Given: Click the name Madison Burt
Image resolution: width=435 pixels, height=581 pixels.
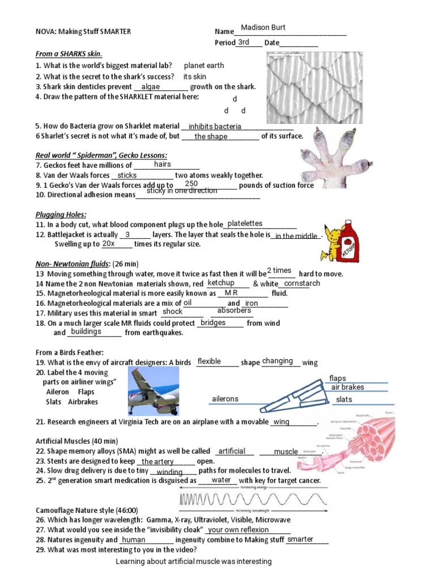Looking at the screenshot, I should pyautogui.click(x=263, y=28).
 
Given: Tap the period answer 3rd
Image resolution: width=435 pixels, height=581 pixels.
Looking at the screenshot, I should pyautogui.click(x=244, y=43).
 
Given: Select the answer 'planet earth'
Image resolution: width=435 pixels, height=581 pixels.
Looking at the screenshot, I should pyautogui.click(x=204, y=66).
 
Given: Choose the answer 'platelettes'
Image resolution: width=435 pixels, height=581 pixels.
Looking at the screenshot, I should pyautogui.click(x=245, y=224).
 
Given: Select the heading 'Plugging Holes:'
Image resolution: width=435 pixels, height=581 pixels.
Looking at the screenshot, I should pyautogui.click(x=61, y=214).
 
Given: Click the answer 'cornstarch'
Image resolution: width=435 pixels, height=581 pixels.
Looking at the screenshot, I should pyautogui.click(x=301, y=283).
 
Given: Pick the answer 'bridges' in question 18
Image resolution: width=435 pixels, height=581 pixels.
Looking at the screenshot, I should pyautogui.click(x=213, y=323).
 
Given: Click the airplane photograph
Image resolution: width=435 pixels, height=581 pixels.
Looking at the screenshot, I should pyautogui.click(x=155, y=391).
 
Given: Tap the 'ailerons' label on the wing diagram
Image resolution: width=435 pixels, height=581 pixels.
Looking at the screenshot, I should pyautogui.click(x=225, y=399).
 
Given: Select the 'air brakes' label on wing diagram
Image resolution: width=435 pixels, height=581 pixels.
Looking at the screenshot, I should pyautogui.click(x=347, y=388).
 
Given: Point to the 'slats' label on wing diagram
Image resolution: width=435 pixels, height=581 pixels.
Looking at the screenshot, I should pyautogui.click(x=344, y=399).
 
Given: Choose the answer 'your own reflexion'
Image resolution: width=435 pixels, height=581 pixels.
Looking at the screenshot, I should pyautogui.click(x=238, y=530).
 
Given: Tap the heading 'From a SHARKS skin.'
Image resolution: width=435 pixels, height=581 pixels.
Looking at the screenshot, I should pyautogui.click(x=69, y=54).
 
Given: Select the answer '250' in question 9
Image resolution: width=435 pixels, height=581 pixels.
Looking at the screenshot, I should pyautogui.click(x=191, y=184).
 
